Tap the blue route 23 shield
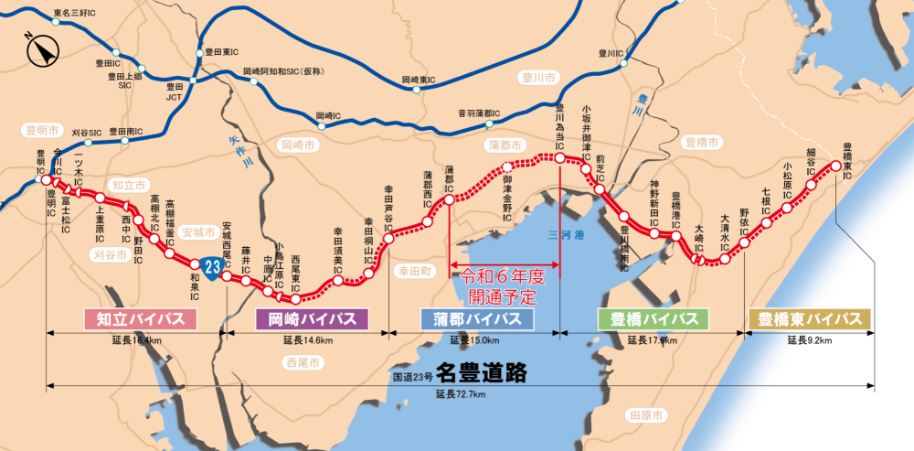(x=212, y=268)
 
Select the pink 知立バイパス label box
(x=134, y=319)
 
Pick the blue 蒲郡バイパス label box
(x=476, y=319)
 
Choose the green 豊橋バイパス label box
(x=653, y=319)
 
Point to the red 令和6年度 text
(x=503, y=275)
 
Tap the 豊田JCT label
(x=175, y=92)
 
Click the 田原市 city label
(x=646, y=415)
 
